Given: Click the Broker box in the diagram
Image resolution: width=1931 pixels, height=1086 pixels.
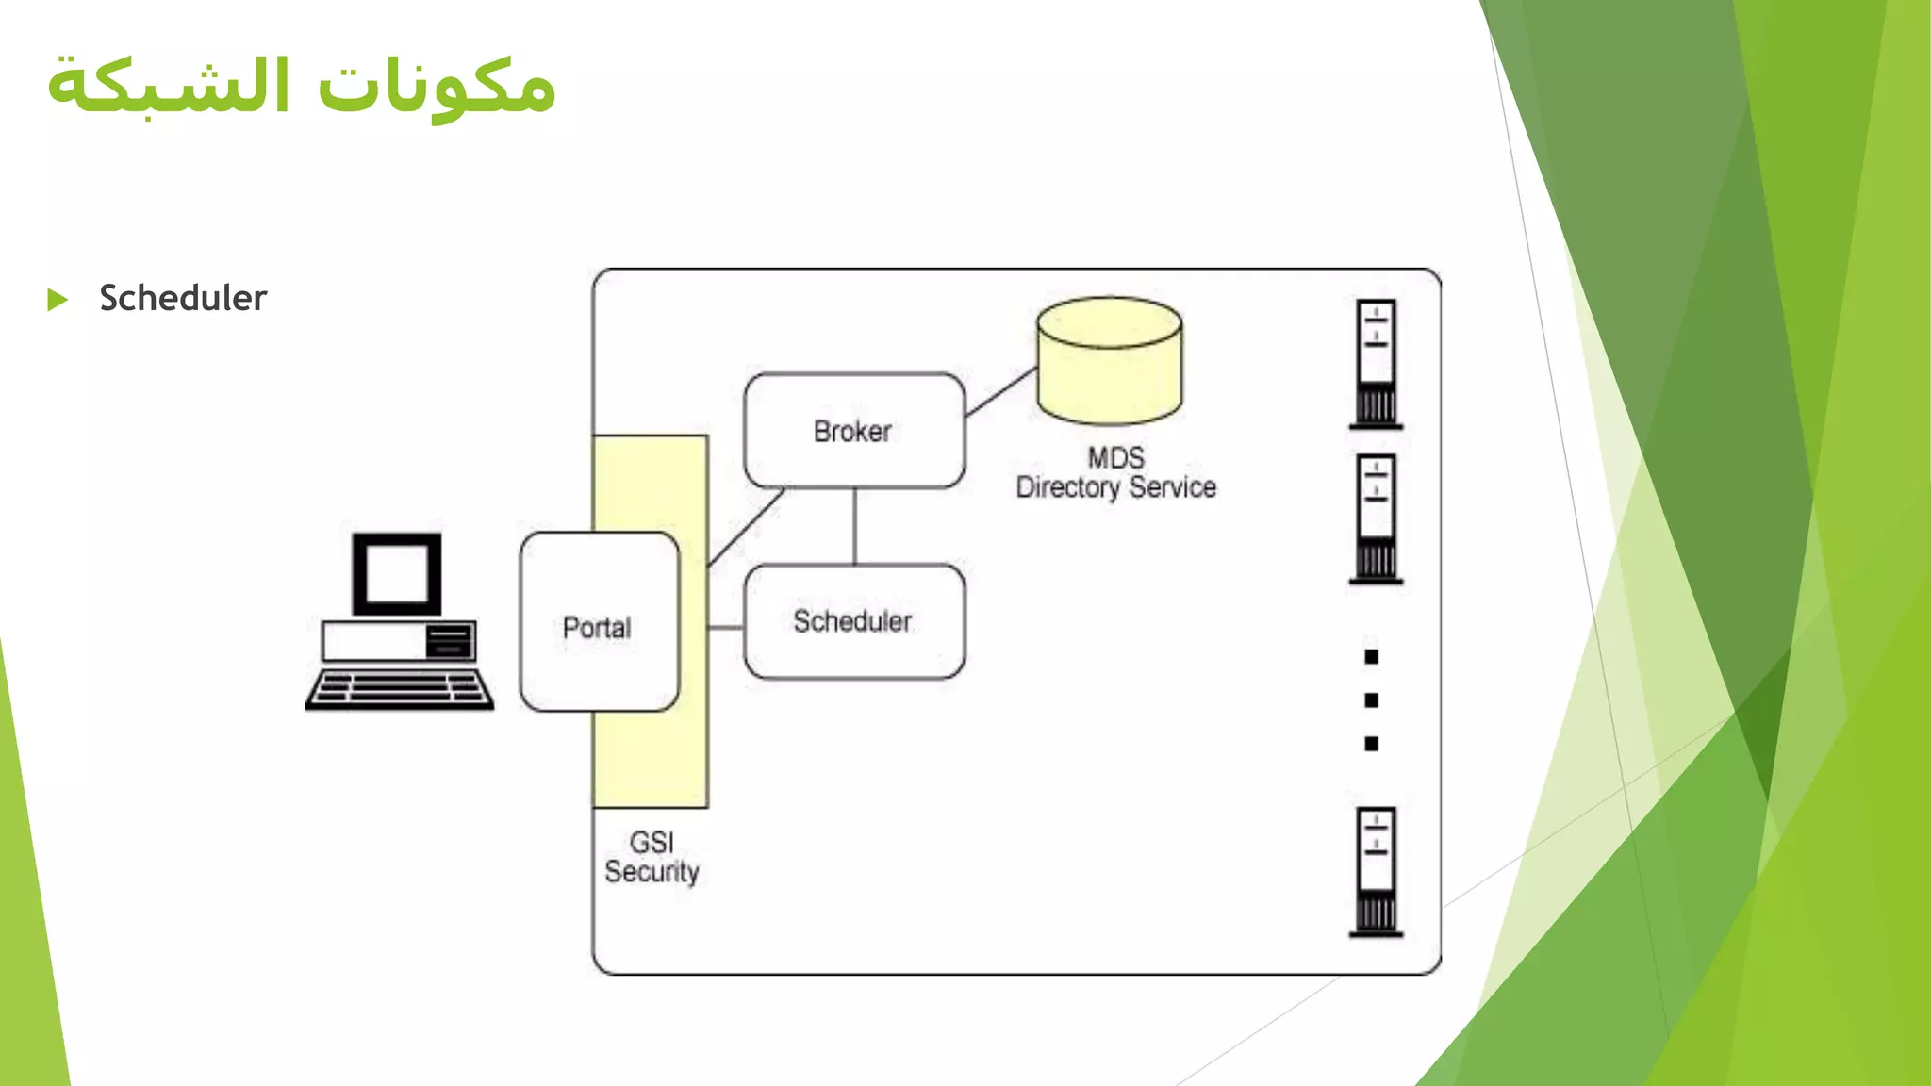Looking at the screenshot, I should (x=853, y=431).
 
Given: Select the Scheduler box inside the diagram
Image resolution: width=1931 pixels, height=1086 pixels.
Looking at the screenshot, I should (x=853, y=621).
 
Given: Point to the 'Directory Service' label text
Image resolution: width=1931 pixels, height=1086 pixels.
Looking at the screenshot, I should (x=1115, y=487).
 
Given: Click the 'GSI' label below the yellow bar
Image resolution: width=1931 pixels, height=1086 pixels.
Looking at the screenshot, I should (x=652, y=842).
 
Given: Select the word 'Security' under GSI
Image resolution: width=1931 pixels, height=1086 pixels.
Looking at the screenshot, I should (x=652, y=872).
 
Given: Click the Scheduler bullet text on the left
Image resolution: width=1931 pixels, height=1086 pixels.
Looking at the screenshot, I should (x=183, y=298).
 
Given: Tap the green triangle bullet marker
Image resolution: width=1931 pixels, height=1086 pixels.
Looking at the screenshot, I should (x=58, y=300).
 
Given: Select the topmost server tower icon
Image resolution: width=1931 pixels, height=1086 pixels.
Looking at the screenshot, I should (x=1376, y=364).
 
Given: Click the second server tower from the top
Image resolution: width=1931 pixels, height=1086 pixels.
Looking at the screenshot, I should (x=1376, y=519).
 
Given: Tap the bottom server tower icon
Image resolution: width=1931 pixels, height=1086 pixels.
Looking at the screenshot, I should (x=1376, y=872).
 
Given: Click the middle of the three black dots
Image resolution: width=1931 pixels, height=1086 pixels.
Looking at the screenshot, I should (x=1372, y=700).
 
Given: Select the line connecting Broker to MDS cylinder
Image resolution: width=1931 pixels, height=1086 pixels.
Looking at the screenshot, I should (x=1001, y=391).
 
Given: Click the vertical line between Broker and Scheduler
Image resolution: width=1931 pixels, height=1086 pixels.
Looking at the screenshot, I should (x=854, y=526).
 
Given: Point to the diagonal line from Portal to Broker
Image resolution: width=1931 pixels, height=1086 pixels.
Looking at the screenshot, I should (x=746, y=527).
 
